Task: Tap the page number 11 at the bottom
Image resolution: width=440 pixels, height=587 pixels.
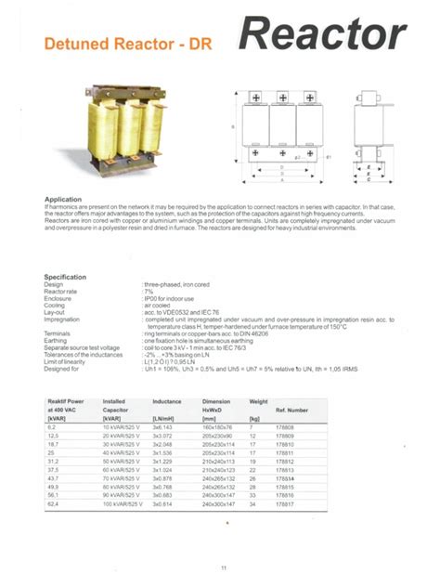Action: (223, 567)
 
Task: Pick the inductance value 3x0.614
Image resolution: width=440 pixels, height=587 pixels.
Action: (162, 503)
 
